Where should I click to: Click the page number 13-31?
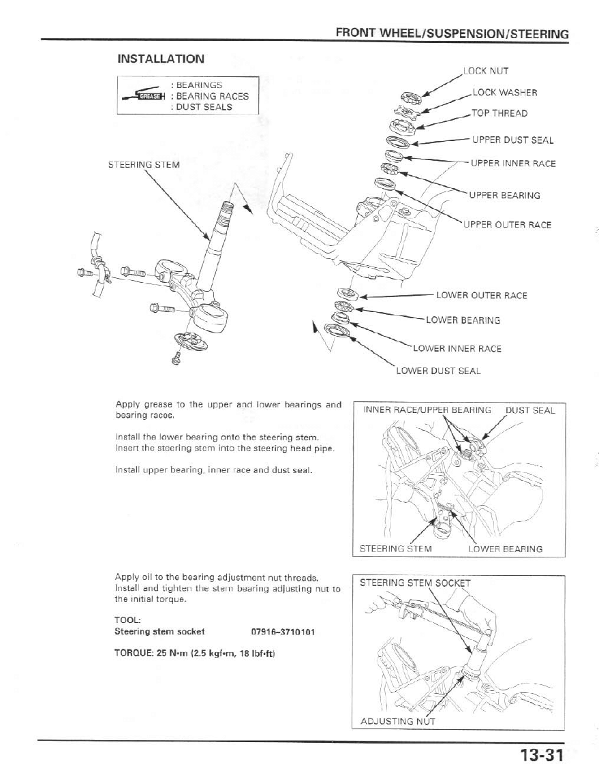(x=541, y=755)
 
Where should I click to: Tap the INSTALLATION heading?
(x=161, y=59)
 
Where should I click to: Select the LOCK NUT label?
(x=486, y=70)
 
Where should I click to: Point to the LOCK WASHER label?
(x=504, y=92)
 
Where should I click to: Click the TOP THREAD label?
(x=500, y=113)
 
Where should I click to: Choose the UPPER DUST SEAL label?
(x=512, y=140)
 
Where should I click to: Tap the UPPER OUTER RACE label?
(x=508, y=225)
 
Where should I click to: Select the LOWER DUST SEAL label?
(x=438, y=371)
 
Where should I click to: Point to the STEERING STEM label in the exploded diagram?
(x=144, y=164)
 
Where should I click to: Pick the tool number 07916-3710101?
(x=283, y=632)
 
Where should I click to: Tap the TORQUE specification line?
(x=195, y=653)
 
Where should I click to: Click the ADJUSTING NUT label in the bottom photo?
(x=397, y=720)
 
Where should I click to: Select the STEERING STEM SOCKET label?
(x=415, y=583)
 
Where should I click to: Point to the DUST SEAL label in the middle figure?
(x=530, y=410)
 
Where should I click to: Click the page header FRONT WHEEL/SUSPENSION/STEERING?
(x=452, y=34)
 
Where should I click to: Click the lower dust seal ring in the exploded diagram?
(x=339, y=331)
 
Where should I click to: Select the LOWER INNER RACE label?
(x=457, y=349)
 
